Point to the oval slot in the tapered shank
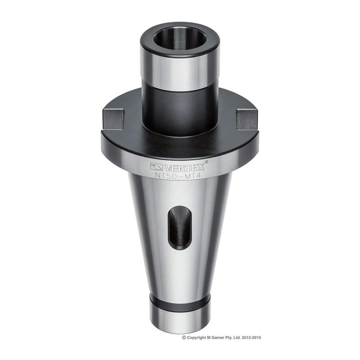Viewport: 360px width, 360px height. point(177,227)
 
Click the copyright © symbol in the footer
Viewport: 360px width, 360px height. point(184,338)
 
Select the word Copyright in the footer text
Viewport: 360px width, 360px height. point(196,338)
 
